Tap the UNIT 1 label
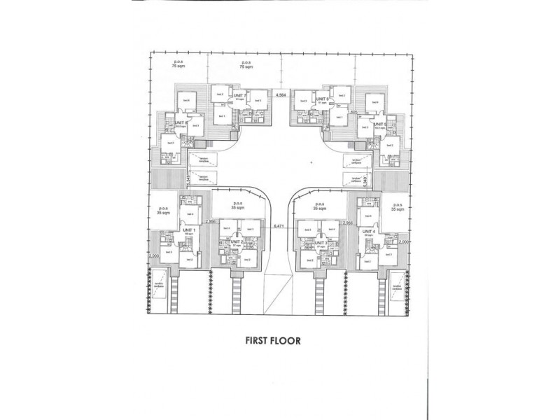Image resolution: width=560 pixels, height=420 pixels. [190, 230]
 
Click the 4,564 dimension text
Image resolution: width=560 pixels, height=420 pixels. [281, 94]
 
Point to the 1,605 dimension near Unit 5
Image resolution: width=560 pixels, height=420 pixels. [353, 112]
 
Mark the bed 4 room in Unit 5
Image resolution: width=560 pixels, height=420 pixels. [375, 103]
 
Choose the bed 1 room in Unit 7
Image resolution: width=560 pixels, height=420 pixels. [223, 115]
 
